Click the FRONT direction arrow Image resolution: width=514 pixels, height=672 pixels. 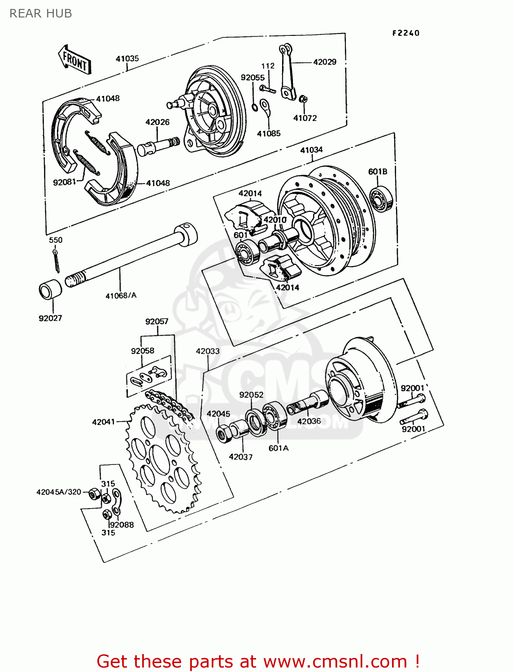(x=74, y=60)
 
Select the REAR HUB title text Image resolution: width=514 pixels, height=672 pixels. (x=40, y=13)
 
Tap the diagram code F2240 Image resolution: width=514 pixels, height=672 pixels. (x=405, y=33)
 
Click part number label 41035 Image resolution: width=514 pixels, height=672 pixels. (x=127, y=59)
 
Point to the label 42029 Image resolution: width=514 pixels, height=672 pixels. (x=324, y=62)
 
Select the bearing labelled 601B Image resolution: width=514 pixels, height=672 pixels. (x=381, y=198)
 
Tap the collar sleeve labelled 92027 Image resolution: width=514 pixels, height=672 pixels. (x=50, y=290)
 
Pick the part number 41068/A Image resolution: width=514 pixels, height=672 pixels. (x=121, y=296)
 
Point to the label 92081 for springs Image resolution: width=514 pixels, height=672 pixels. (x=65, y=182)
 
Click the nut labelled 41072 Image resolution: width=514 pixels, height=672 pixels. (x=303, y=99)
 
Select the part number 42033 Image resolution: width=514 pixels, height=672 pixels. (x=208, y=351)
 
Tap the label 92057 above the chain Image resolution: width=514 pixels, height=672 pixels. (x=157, y=322)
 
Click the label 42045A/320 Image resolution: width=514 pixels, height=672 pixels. (x=59, y=492)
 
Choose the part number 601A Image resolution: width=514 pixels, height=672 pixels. (x=278, y=448)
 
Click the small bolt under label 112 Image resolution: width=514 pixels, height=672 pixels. (x=267, y=89)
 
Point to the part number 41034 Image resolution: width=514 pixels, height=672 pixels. (x=311, y=150)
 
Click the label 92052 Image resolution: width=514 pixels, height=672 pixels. (x=251, y=395)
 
